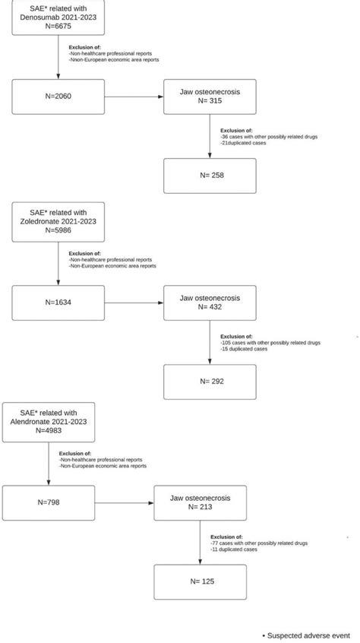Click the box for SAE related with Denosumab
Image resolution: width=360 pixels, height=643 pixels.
[x=58, y=17]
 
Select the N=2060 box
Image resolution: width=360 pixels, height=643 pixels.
[x=58, y=96]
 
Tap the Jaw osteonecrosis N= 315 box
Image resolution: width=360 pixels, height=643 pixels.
[x=210, y=96]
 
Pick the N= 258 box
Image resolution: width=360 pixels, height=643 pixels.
[x=210, y=175]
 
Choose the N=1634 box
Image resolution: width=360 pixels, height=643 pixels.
[x=58, y=302]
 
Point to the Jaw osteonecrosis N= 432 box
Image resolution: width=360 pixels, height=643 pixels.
[x=210, y=302]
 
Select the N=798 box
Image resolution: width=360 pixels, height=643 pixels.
[x=49, y=502]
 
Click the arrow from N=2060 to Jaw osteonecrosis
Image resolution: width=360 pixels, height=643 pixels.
[x=134, y=96]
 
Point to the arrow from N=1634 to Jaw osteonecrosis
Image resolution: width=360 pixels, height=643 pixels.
[x=134, y=302]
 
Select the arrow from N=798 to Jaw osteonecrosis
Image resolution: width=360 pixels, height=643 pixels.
[x=124, y=502]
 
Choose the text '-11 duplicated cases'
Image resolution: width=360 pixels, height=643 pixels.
[x=235, y=549]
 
